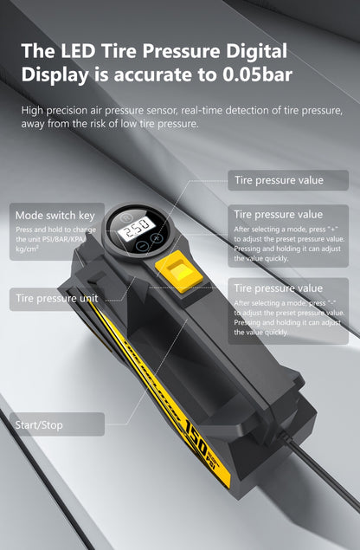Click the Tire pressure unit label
point(55,299)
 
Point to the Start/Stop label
point(38,424)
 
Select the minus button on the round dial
point(142,248)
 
